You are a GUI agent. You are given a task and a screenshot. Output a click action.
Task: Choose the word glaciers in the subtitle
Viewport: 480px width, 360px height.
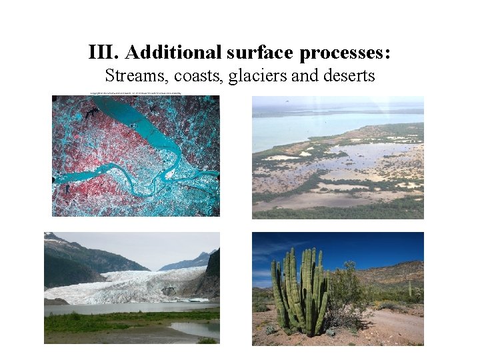(256, 76)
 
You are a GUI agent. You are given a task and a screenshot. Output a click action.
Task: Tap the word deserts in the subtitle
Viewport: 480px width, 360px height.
(349, 76)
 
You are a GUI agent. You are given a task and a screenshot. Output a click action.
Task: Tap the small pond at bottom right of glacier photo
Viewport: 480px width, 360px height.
(195, 328)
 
